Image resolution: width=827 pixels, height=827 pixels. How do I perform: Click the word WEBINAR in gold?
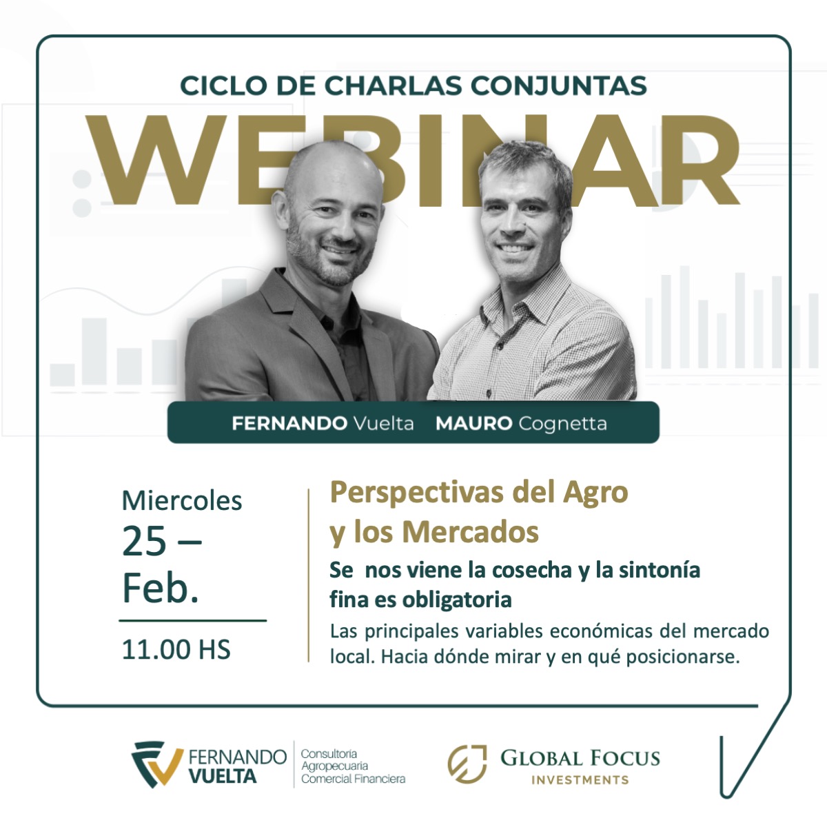[x=413, y=162]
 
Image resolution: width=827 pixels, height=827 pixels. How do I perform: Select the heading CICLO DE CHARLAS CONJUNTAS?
[x=413, y=85]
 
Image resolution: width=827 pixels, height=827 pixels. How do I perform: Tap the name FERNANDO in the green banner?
[x=289, y=423]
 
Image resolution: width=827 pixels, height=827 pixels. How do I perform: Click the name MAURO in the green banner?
[x=473, y=423]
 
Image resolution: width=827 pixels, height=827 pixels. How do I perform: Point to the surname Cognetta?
[x=562, y=423]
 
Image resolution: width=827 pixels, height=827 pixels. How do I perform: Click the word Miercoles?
[x=182, y=500]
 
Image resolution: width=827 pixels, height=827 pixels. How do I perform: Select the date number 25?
[x=144, y=542]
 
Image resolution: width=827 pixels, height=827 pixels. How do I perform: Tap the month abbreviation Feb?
[x=161, y=589]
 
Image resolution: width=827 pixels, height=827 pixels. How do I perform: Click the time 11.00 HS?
[x=176, y=649]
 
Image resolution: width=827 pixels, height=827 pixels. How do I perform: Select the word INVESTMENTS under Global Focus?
[x=580, y=780]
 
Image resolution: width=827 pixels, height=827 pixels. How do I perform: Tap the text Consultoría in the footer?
[x=329, y=754]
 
